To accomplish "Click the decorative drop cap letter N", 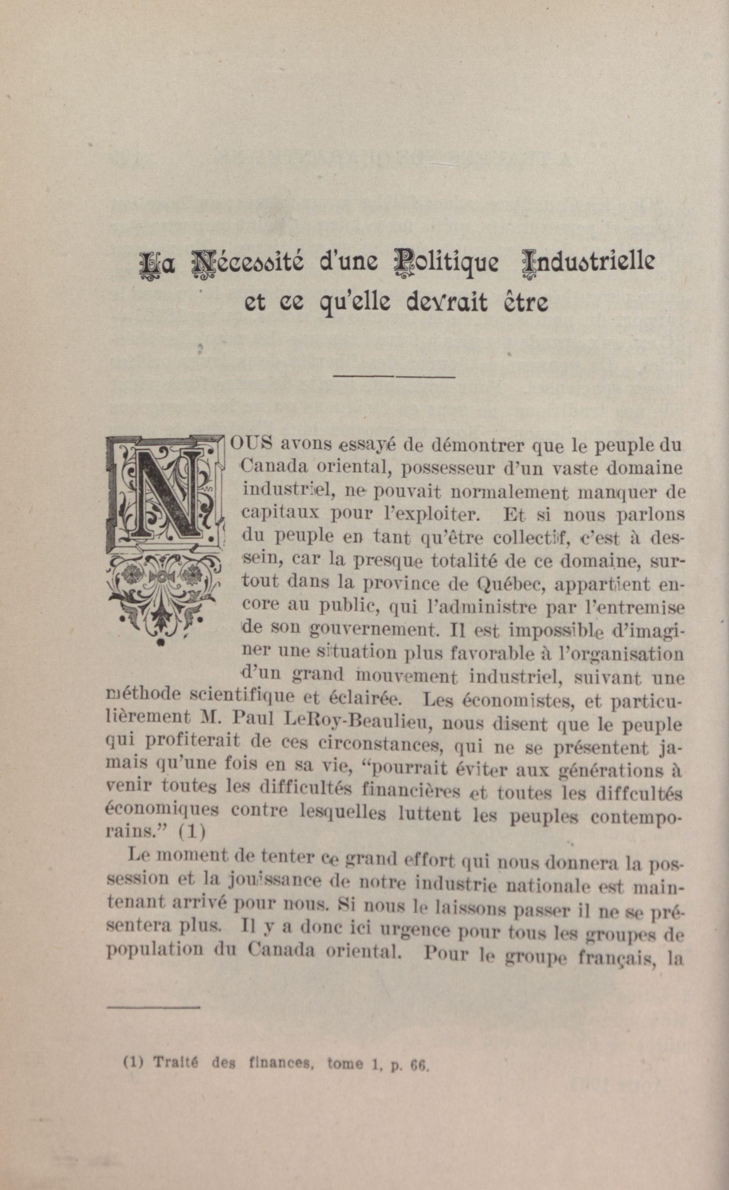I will [166, 493].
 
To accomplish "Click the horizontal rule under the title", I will [394, 376].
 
